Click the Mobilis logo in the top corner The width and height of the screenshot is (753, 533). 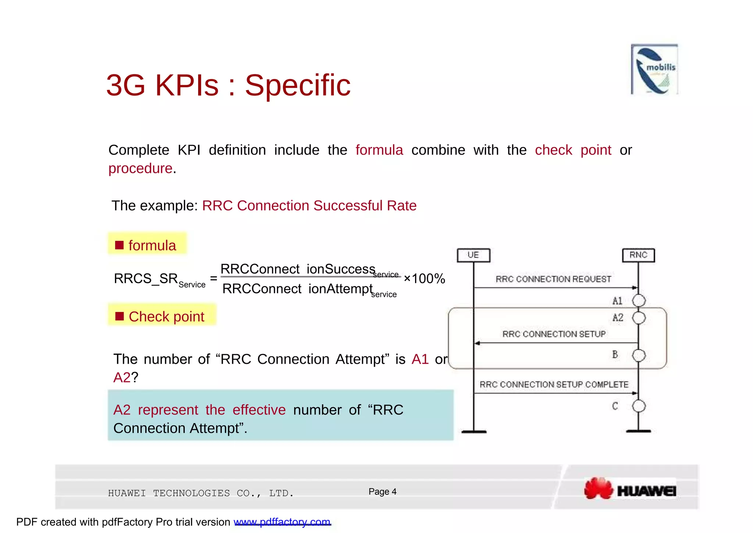tap(654, 69)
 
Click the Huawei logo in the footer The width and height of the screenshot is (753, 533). tap(630, 489)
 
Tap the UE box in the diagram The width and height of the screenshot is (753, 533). tap(473, 255)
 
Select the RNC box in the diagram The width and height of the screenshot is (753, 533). tap(638, 255)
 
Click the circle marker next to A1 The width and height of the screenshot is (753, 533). tap(639, 301)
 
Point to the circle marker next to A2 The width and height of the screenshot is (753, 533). tap(639, 318)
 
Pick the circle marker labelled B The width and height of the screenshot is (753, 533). tap(639, 355)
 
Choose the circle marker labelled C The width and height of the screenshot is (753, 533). tap(639, 406)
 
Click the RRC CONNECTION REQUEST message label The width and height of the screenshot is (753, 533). tap(553, 279)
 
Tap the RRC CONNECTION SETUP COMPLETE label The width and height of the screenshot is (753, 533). tap(554, 384)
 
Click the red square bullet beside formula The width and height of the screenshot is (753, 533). tap(119, 245)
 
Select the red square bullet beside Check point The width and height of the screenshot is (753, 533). tap(119, 316)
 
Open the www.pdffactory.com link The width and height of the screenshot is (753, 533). tap(282, 522)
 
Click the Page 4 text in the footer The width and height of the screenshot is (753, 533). tap(382, 491)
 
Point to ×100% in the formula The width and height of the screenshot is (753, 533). tap(424, 278)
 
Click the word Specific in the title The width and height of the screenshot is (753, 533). tap(298, 85)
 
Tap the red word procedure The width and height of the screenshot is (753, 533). tap(140, 168)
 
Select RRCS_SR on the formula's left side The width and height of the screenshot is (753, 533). tap(146, 278)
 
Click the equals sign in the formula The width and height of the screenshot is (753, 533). tap(214, 278)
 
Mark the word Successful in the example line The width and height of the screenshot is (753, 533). tap(343, 206)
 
